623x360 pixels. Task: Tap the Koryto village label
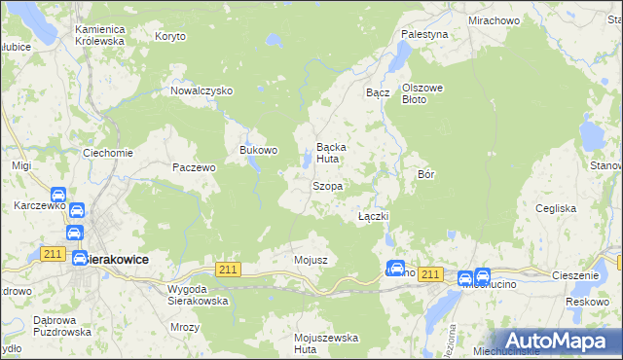[x=170, y=36]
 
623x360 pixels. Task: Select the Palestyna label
[x=424, y=34]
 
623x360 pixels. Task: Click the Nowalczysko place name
[x=202, y=90]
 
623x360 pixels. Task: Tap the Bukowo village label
[x=259, y=151]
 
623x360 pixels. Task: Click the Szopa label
[x=326, y=185]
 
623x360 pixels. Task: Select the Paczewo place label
[x=193, y=167]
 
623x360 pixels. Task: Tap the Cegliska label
[x=558, y=208]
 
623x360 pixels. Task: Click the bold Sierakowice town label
[x=117, y=260]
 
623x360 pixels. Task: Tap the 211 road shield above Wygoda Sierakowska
[x=228, y=270]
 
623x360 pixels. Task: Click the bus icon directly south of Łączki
[x=396, y=268]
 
